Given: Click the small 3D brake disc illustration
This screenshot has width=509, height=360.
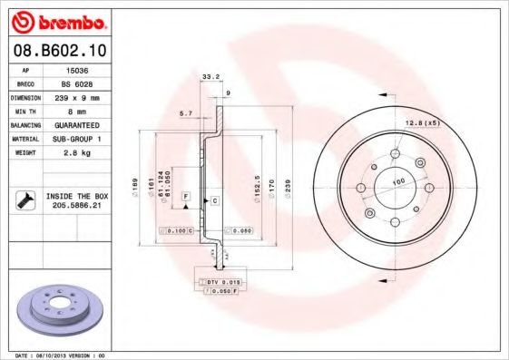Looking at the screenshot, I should [56, 310].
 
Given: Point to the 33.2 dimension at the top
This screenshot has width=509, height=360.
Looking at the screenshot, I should [209, 78].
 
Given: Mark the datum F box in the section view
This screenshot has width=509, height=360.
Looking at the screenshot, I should [185, 195].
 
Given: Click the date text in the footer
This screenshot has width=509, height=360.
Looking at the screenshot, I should [61, 355].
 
